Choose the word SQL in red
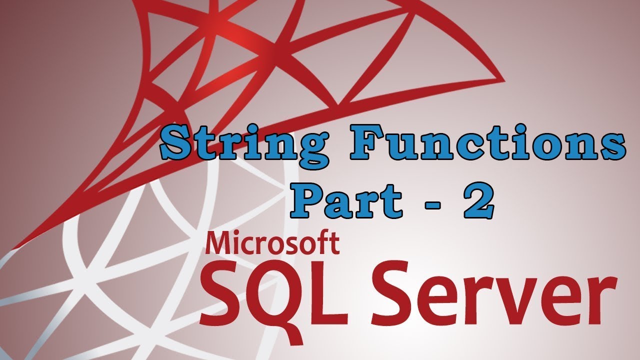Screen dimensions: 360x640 coord(272,294)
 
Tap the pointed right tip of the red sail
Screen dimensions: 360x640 coord(503,79)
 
